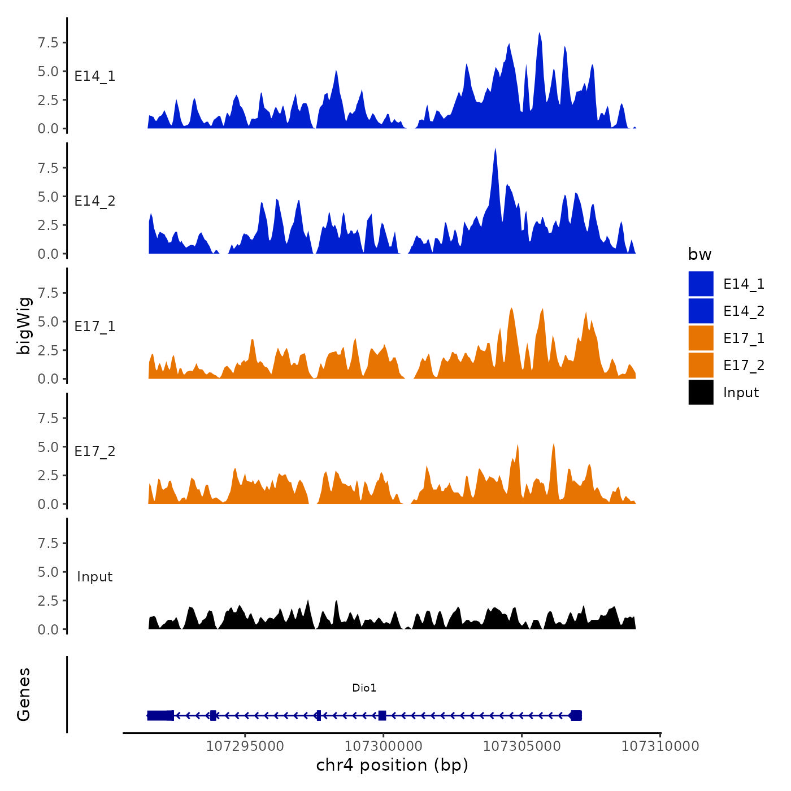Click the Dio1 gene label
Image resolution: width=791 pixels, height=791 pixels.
[x=364, y=688]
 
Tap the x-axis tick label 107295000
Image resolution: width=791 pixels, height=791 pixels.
[x=245, y=746]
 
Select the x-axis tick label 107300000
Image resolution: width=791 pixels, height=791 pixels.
[x=383, y=746]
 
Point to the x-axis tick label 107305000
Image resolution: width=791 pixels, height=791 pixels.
[x=521, y=746]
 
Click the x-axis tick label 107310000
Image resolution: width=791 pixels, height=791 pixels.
[x=660, y=746]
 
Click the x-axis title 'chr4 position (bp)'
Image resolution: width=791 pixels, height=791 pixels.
[x=392, y=765]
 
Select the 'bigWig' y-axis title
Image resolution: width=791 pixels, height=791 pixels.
[x=24, y=325]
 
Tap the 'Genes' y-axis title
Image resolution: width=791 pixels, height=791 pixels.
[x=24, y=694]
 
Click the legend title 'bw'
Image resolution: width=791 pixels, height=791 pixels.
[x=699, y=254]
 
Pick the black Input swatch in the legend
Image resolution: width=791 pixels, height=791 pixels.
[x=701, y=392]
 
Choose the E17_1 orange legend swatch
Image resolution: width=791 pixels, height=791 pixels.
[x=701, y=338]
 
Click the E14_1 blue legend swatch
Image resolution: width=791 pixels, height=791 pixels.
[x=701, y=284]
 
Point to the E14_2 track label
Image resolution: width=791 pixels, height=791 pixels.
[x=95, y=201]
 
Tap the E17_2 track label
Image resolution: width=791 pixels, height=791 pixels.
[x=95, y=451]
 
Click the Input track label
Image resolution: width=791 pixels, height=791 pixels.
[x=95, y=577]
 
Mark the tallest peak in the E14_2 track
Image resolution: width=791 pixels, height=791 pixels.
[x=495, y=150]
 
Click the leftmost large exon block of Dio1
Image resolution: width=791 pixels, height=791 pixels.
[x=160, y=715]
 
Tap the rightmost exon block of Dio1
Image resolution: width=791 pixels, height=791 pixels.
[x=576, y=715]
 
